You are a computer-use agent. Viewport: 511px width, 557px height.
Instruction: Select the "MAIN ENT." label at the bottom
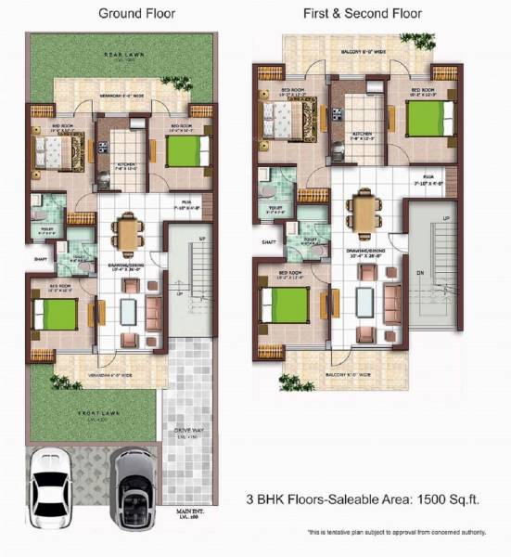point(190,513)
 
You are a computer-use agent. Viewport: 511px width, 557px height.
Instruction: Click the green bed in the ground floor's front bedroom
point(55,313)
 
